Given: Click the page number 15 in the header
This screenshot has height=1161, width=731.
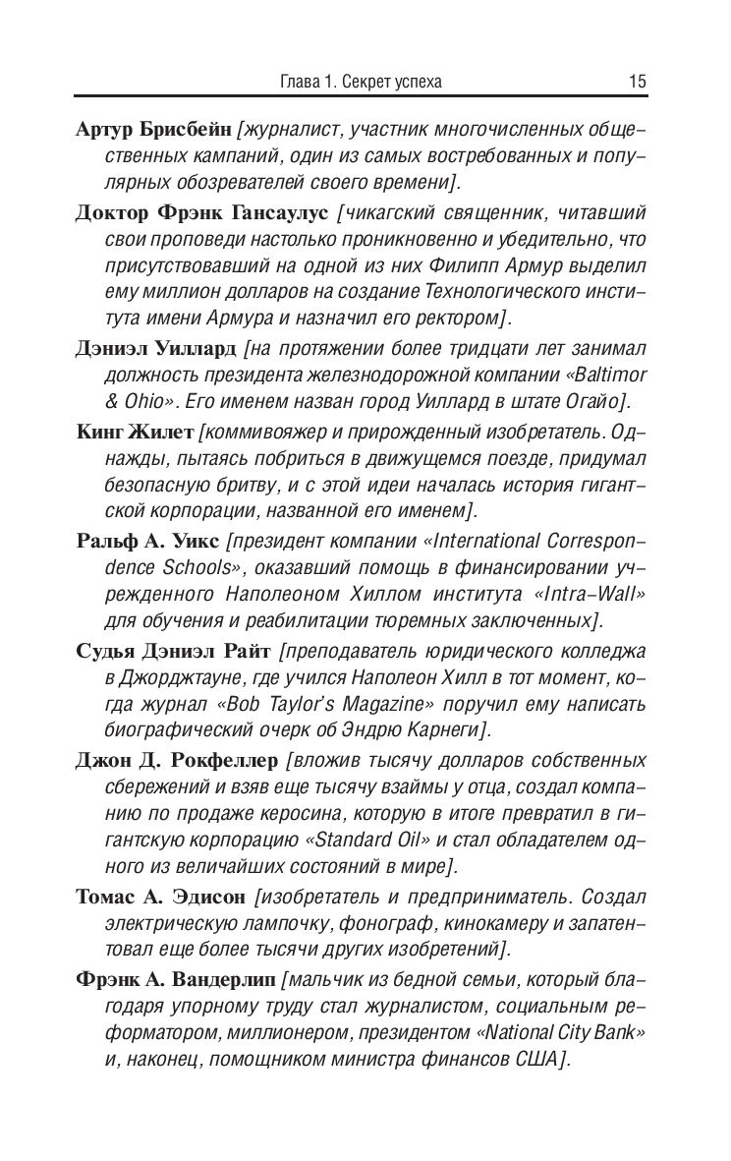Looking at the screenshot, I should click(637, 83).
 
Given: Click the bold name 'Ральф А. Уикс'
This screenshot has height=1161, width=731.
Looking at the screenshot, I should click(147, 540).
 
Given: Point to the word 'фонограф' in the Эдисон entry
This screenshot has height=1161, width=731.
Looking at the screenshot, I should click(387, 923).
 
